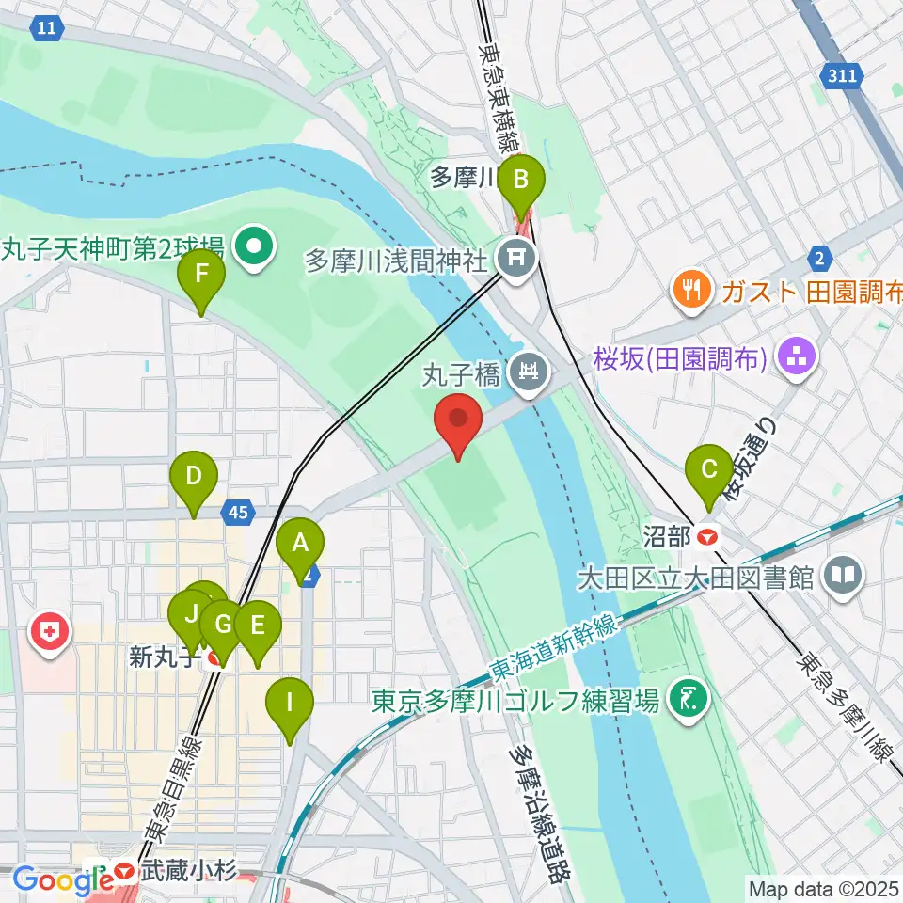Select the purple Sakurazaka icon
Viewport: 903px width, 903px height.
pos(798,358)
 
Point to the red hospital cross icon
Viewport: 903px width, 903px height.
pos(49,633)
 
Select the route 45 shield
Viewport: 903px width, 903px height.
pos(238,513)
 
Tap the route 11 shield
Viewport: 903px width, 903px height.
pos(45,29)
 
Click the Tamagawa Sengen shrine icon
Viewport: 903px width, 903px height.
pos(515,255)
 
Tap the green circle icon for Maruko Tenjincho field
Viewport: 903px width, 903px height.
pos(255,247)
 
